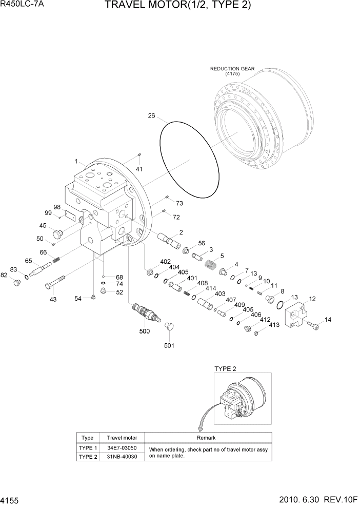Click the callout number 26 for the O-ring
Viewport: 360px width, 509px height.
point(151,116)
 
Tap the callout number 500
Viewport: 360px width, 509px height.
point(145,331)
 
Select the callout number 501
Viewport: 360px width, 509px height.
point(169,345)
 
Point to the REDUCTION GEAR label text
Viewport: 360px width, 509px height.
point(232,69)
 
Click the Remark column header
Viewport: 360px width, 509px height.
point(206,438)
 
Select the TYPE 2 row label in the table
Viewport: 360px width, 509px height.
point(88,456)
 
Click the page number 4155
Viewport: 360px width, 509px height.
point(11,499)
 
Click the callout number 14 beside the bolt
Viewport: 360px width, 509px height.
point(328,320)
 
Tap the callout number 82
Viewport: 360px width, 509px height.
point(5,275)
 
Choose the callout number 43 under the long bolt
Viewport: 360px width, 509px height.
point(53,299)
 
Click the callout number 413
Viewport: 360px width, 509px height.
point(274,325)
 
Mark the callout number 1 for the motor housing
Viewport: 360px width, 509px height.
point(76,161)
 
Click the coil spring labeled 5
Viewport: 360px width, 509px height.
point(210,267)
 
